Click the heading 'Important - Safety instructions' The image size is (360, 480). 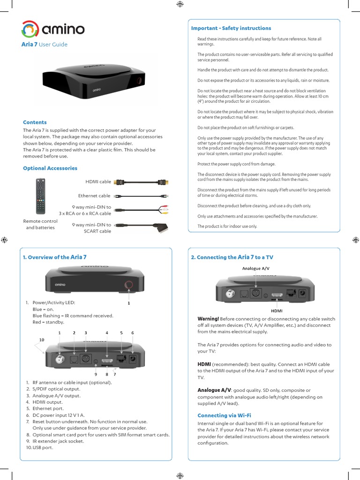pyautogui.click(x=231, y=28)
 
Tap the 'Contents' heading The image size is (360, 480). pyautogui.click(x=35, y=122)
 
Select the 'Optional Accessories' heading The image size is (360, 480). pyautogui.click(x=50, y=168)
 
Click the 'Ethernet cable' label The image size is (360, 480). pyautogui.click(x=94, y=196)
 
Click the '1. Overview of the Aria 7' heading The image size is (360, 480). pyautogui.click(x=55, y=257)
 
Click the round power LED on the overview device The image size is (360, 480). pyautogui.click(x=128, y=285)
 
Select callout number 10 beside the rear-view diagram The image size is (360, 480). pyautogui.click(x=41, y=339)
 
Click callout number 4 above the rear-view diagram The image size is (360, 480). pyautogui.click(x=107, y=332)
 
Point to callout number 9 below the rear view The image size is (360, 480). pyautogui.click(x=95, y=374)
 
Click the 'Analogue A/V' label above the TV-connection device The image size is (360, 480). pyautogui.click(x=256, y=269)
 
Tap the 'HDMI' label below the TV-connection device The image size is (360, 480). pyautogui.click(x=277, y=310)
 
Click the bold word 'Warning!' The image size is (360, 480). pyautogui.click(x=208, y=319)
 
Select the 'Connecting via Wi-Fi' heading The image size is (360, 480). pyautogui.click(x=224, y=415)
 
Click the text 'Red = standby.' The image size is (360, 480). pyautogui.click(x=48, y=322)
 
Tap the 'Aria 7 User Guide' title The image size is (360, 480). pyautogui.click(x=45, y=45)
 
